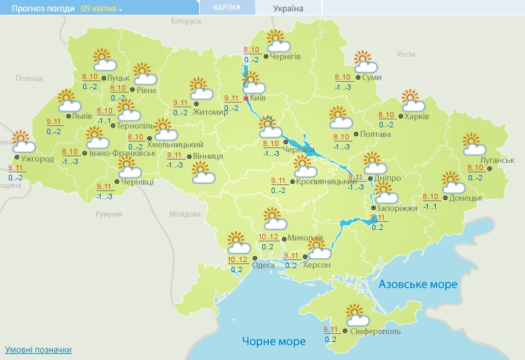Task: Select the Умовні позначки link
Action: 38,350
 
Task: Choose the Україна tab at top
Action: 288,9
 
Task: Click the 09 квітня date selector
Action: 101,9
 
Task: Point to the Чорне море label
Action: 274,341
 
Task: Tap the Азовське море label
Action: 418,284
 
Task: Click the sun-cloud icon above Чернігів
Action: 277,41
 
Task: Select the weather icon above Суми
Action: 365,62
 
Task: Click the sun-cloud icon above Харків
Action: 412,101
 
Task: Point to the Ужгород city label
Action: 38,160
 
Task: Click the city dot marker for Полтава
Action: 355,134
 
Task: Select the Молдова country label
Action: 185,215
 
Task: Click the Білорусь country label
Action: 186,21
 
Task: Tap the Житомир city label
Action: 210,112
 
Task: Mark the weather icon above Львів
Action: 68,101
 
